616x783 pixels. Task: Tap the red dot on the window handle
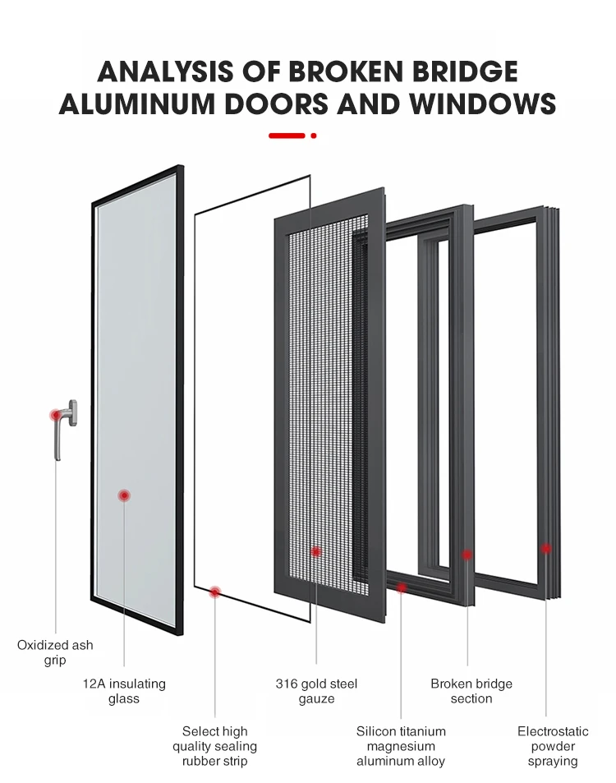pos(56,415)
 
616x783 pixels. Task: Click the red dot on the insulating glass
pos(124,495)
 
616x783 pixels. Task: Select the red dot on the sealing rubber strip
pos(215,592)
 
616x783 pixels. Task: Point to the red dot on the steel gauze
pos(316,552)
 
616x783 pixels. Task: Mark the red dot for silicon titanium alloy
pos(402,587)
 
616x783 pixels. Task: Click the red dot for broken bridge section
pos(467,555)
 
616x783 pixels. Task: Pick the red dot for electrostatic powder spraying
pos(545,548)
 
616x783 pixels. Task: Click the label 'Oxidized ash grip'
pos(55,652)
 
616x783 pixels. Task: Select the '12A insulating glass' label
pos(124,691)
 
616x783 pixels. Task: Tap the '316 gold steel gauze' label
pos(316,691)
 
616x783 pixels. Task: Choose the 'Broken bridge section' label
pos(471,691)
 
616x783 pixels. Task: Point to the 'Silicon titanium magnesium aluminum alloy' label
pos(401,746)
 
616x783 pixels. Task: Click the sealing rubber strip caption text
pos(214,746)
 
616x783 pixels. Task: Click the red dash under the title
pos(287,136)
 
